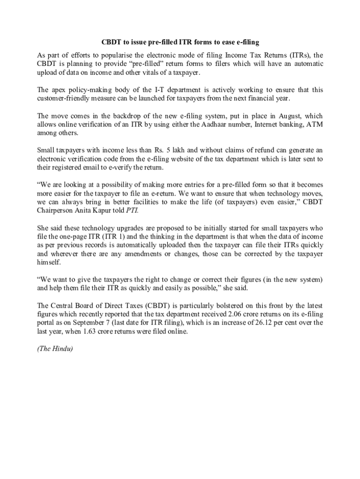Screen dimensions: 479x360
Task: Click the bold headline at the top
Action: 180,43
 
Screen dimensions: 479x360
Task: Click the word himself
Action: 48,262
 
